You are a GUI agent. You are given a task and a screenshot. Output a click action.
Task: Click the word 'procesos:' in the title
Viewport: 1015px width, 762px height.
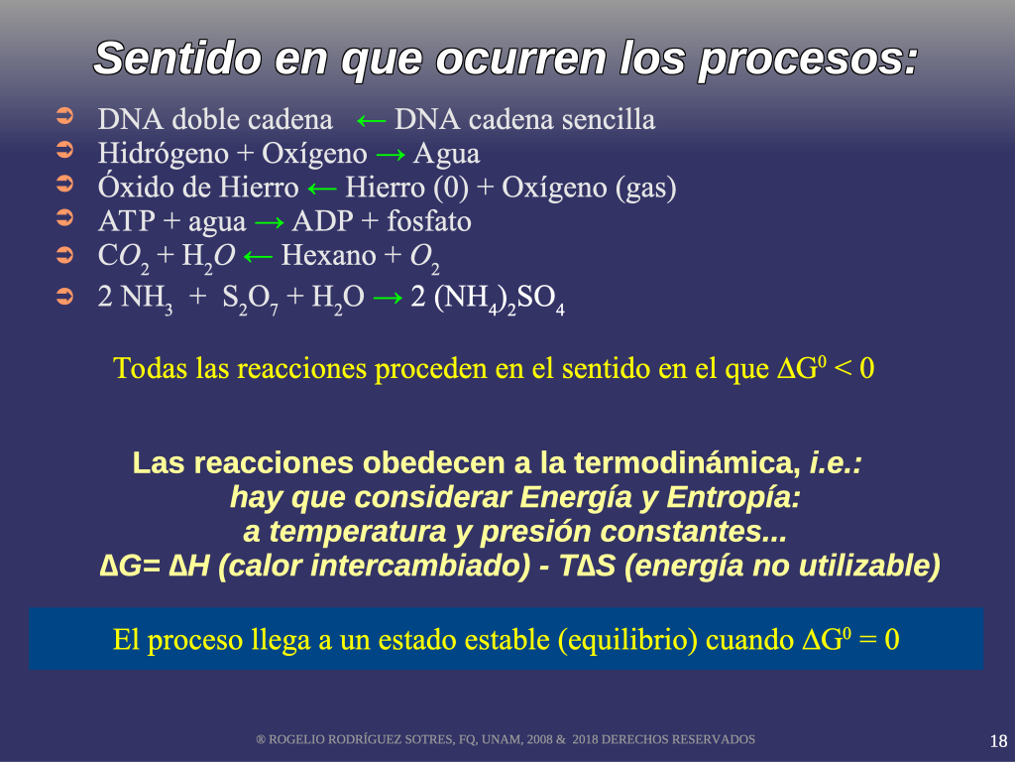pyautogui.click(x=809, y=60)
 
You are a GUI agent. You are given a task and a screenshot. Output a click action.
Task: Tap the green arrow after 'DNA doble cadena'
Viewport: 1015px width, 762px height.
pyautogui.click(x=372, y=120)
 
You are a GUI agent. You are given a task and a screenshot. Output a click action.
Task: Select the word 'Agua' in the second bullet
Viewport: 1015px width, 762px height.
pyautogui.click(x=447, y=154)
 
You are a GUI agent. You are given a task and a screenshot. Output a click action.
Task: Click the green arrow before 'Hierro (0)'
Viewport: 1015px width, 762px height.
pyautogui.click(x=322, y=189)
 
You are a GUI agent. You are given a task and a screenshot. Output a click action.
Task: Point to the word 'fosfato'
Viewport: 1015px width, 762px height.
pyautogui.click(x=428, y=221)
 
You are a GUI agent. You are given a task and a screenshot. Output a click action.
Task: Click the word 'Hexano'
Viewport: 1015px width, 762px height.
pyautogui.click(x=328, y=255)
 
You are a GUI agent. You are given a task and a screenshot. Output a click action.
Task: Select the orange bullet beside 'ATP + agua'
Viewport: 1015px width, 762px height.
pyautogui.click(x=64, y=218)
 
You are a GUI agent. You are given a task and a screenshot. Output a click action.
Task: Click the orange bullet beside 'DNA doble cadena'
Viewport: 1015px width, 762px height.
pyautogui.click(x=64, y=117)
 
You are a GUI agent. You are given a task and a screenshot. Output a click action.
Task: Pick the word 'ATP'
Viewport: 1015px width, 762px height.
pyautogui.click(x=126, y=221)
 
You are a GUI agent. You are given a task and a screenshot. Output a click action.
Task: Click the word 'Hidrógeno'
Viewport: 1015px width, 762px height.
pyautogui.click(x=164, y=155)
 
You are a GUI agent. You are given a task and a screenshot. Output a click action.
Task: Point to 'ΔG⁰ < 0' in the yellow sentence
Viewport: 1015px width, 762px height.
pyautogui.click(x=826, y=369)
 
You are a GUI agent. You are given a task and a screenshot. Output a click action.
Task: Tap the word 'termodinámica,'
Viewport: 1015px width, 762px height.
pyautogui.click(x=687, y=464)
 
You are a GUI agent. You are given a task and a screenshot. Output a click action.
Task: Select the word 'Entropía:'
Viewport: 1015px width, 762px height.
pyautogui.click(x=733, y=498)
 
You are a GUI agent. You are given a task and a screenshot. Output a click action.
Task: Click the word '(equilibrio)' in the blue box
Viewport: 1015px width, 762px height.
pyautogui.click(x=627, y=641)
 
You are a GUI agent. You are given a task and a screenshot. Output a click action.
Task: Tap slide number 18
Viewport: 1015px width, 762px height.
pyautogui.click(x=998, y=741)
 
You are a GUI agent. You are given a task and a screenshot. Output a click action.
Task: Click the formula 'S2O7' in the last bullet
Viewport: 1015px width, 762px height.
pyautogui.click(x=250, y=299)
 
